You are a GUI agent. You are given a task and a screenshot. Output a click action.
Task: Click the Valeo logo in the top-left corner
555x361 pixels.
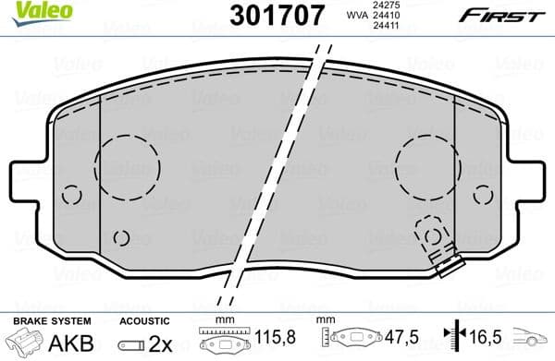(32, 9)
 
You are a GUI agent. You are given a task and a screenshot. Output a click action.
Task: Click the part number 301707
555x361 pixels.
(277, 15)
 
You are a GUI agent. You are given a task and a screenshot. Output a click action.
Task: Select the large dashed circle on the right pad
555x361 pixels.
(426, 167)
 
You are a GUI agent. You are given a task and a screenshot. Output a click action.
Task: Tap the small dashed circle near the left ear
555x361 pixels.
(72, 195)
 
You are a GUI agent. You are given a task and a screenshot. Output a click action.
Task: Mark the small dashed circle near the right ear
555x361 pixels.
(483, 195)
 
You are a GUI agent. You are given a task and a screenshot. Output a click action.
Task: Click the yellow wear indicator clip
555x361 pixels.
(448, 264)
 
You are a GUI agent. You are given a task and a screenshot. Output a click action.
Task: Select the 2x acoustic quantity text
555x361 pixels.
(159, 341)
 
